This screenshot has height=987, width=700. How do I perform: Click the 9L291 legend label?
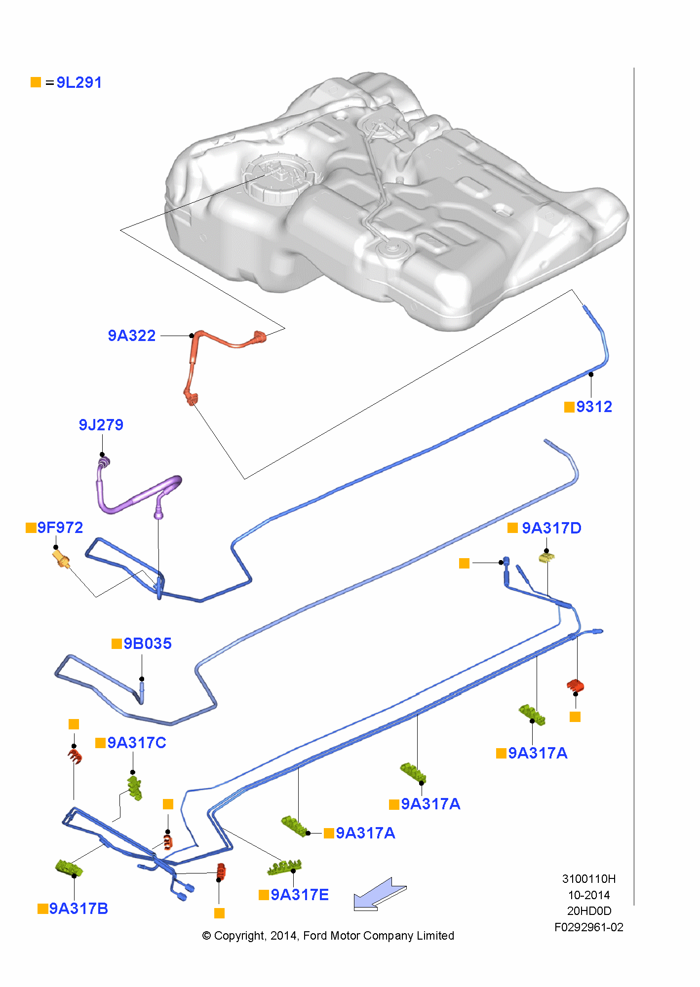point(79,82)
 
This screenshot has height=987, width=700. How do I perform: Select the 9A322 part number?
point(132,336)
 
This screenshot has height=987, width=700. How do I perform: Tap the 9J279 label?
point(101,425)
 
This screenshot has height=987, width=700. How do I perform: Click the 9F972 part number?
point(60,528)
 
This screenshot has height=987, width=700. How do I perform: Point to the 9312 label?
point(594,407)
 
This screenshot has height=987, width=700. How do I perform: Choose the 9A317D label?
point(551,528)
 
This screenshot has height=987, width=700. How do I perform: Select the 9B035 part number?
point(147,644)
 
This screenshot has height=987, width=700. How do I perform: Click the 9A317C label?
point(137,743)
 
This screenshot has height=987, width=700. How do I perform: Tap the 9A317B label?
point(78,909)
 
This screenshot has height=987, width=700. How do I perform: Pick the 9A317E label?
point(300,895)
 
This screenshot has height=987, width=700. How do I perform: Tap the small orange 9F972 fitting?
point(62,560)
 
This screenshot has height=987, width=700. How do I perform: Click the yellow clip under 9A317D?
point(546,558)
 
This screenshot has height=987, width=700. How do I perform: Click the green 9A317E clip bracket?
point(285,867)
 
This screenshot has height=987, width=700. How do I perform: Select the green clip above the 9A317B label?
point(68,868)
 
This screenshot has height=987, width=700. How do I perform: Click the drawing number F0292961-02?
point(588,927)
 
